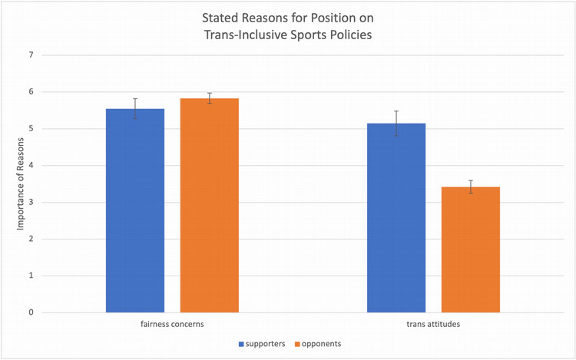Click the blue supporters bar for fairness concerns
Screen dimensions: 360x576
[135, 211]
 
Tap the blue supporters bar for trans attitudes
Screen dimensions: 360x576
[396, 218]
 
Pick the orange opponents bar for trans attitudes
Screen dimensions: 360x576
[471, 249]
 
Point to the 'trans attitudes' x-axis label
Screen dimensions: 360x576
[433, 325]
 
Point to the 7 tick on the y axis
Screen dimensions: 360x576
[31, 55]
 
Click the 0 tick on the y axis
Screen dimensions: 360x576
[31, 312]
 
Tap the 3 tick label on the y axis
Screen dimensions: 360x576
[31, 202]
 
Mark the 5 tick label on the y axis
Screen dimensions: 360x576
[31, 129]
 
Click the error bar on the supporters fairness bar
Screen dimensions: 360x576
[135, 108]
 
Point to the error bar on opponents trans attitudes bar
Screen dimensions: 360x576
[471, 187]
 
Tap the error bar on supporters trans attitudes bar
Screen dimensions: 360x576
[396, 123]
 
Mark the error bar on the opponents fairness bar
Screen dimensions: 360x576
[210, 98]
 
